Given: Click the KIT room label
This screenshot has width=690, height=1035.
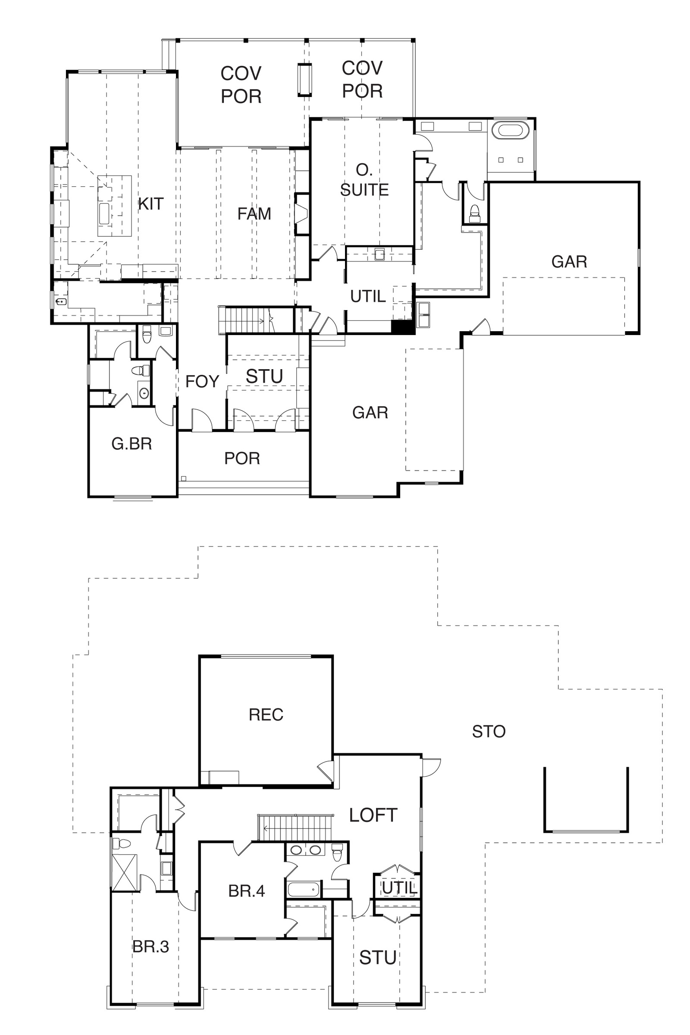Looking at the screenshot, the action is pos(151,204).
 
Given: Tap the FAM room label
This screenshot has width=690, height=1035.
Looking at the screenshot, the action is pos(254,213).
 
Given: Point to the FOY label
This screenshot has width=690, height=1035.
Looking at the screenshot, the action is pos(202,381).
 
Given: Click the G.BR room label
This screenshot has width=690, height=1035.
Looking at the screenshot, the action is pos(132,444).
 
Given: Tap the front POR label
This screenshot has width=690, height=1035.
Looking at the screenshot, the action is pos(242,458).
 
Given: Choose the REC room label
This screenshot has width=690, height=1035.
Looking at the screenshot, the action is pos(266,715).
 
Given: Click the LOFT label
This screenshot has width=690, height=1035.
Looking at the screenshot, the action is pos(373,815).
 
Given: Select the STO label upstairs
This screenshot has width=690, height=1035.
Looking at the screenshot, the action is pos(489,731).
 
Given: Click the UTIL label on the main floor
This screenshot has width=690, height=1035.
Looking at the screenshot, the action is pos(368,296).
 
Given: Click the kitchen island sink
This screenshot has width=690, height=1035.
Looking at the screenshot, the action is pos(104,213).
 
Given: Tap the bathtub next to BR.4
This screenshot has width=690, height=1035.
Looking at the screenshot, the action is pos(303,889).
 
